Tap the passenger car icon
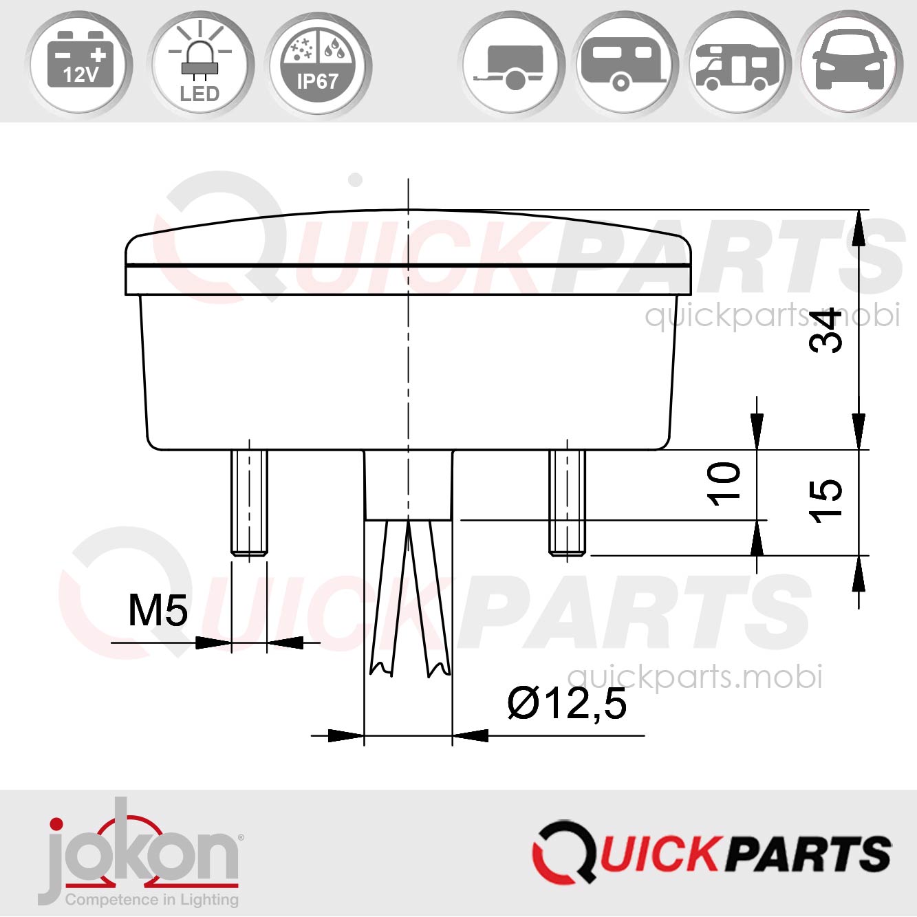coord(850,63)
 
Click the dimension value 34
coord(825,331)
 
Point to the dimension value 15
coord(825,501)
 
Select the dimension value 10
coord(724,484)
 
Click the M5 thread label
coord(158,610)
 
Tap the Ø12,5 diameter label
coord(568,703)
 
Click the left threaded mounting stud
coord(249,501)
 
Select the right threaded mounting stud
coord(568,501)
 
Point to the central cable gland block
coord(408,484)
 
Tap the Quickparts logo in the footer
coord(712,853)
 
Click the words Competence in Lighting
coord(151,900)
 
